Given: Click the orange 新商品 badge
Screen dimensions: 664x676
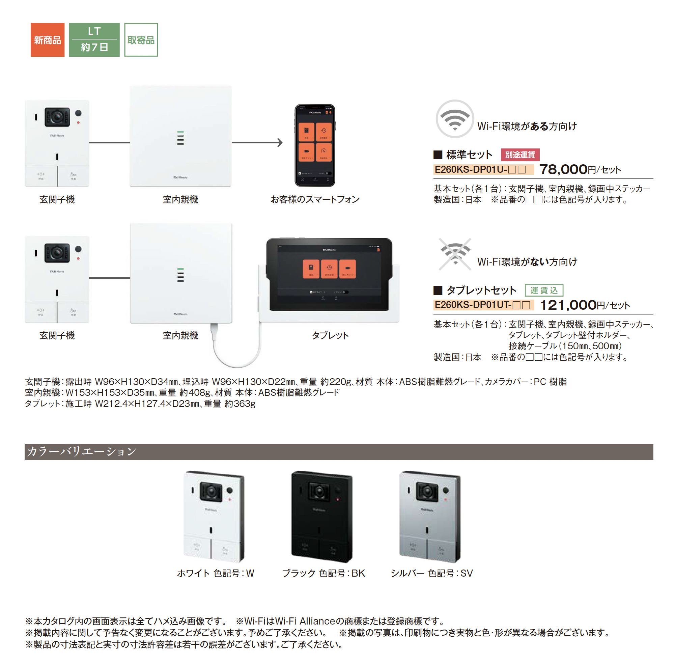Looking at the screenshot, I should click(x=48, y=40).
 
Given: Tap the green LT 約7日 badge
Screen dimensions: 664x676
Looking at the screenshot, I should click(x=94, y=40).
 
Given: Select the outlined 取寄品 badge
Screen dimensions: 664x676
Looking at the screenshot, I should click(x=141, y=40).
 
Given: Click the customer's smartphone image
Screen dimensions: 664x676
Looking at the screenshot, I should click(x=314, y=145).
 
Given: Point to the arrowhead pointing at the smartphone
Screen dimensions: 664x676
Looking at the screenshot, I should click(x=280, y=142).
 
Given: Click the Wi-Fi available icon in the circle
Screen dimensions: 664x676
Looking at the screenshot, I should click(x=454, y=119).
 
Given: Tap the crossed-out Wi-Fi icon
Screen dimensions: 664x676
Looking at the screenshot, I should click(x=455, y=254).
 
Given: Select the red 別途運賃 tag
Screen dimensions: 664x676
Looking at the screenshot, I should click(x=519, y=155).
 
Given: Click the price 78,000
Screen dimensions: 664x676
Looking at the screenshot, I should click(x=563, y=169).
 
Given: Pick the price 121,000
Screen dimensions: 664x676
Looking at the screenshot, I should click(x=568, y=305).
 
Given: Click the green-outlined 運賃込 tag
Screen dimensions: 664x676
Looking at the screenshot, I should click(x=543, y=290).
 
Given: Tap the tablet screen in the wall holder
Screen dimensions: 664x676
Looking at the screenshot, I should click(x=329, y=274).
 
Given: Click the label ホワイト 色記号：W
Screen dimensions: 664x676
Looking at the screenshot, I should click(x=216, y=573).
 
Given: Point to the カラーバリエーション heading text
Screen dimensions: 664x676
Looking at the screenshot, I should click(x=82, y=451).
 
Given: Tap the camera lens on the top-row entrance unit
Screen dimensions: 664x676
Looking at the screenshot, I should click(x=57, y=117).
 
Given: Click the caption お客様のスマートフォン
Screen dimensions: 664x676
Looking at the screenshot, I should click(x=315, y=199).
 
